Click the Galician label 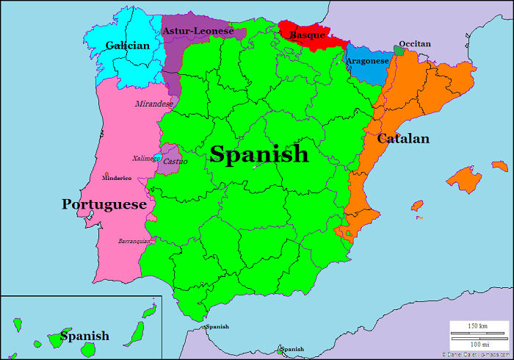[127, 46]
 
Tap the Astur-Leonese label [198, 31]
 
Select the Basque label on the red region [307, 35]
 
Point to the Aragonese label [367, 61]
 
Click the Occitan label [415, 44]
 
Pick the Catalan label [403, 138]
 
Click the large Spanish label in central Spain [259, 154]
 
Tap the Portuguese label [104, 204]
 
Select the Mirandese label [154, 104]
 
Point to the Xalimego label [146, 158]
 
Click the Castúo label [175, 161]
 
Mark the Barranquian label [134, 241]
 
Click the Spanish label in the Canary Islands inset [84, 336]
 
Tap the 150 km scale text [478, 325]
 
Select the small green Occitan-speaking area [399, 50]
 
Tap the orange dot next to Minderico [107, 173]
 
